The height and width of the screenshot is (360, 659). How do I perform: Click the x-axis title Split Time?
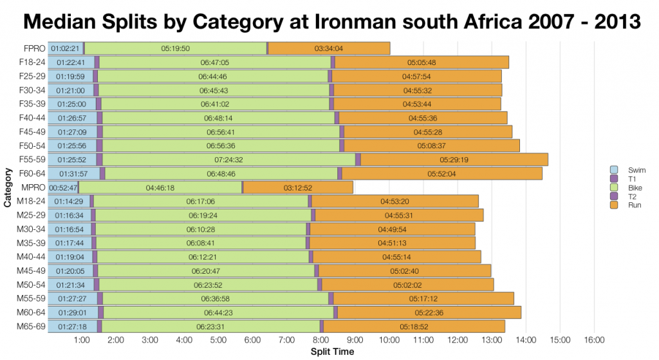(332, 352)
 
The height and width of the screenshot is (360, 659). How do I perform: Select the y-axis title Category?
(7, 187)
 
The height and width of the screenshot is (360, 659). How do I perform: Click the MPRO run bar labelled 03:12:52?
(297, 187)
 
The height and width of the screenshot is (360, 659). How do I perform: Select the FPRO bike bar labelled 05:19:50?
(175, 48)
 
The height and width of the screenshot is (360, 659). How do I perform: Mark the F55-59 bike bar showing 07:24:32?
(228, 160)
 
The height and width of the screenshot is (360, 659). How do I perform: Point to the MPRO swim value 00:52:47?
(63, 187)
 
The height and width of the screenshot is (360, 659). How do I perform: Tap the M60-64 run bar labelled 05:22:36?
(429, 312)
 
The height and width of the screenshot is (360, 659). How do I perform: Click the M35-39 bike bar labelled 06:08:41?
(201, 243)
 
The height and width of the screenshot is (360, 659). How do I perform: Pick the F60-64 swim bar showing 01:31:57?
(73, 173)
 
